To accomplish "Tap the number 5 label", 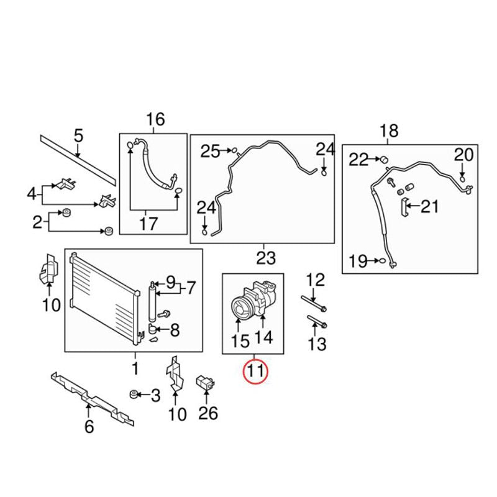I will pos(78,135).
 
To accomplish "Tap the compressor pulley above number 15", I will pos(240,306).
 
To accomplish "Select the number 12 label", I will pos(316,280).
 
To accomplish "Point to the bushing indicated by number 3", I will pos(132,393).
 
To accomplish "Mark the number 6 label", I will pos(88,427).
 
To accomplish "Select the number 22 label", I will pos(358,160).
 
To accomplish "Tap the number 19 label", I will pos(358,262).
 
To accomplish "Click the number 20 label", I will pos(463,155).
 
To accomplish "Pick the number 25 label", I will pos(210,151).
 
